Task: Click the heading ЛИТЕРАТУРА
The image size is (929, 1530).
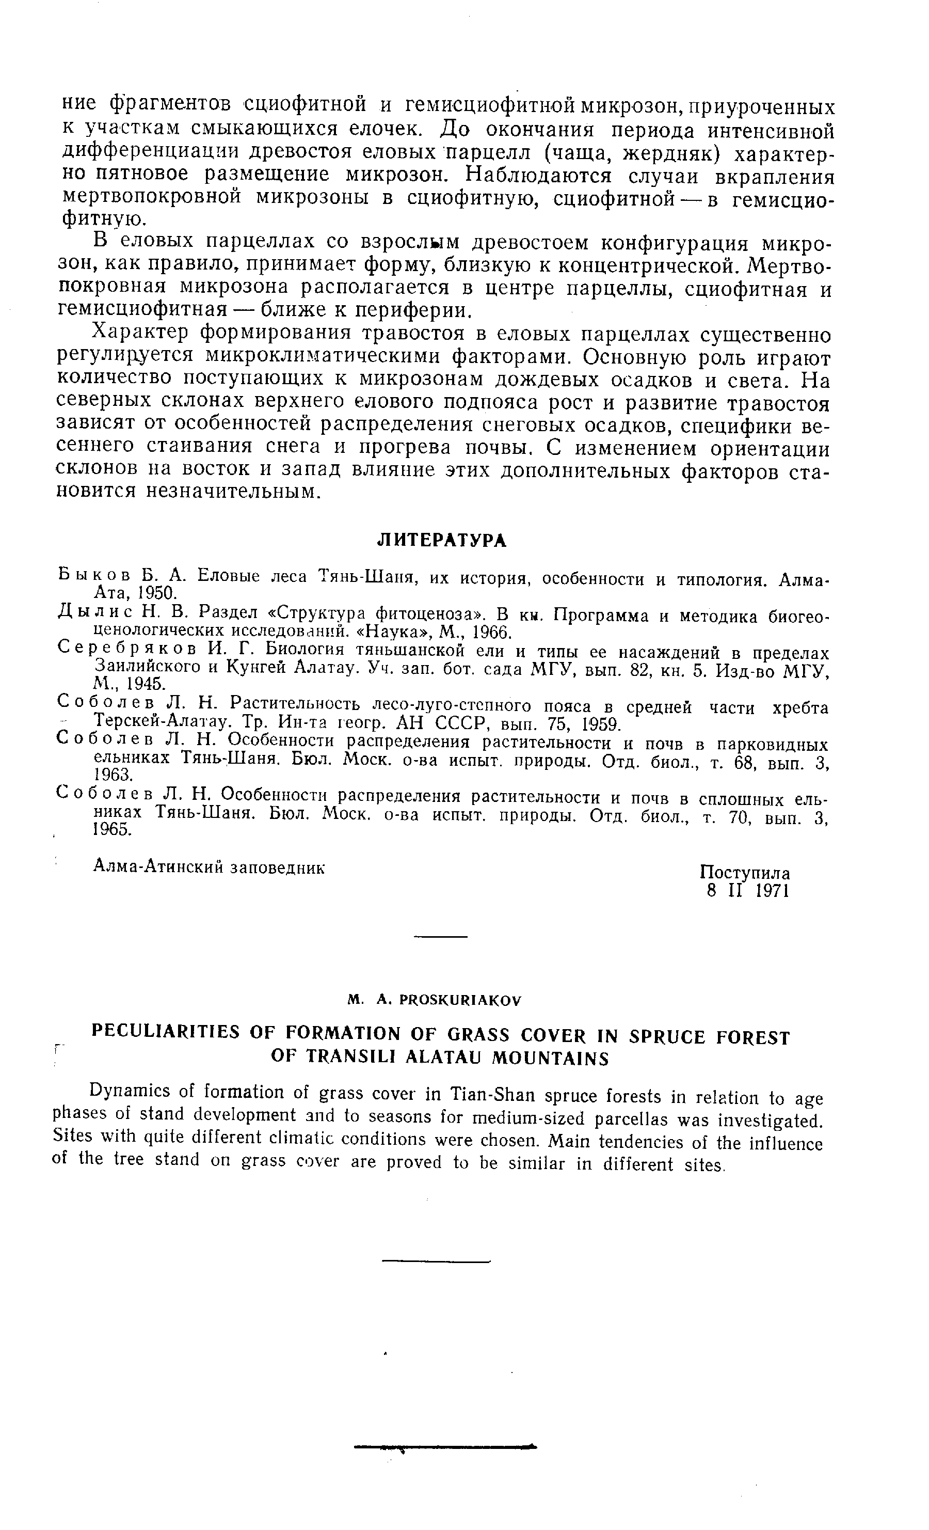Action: (442, 540)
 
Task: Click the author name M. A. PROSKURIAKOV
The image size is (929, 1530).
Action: (435, 1000)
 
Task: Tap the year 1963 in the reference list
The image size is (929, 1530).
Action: (114, 775)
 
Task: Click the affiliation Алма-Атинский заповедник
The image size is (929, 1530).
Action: (209, 868)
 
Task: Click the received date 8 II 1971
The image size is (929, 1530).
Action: (747, 892)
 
